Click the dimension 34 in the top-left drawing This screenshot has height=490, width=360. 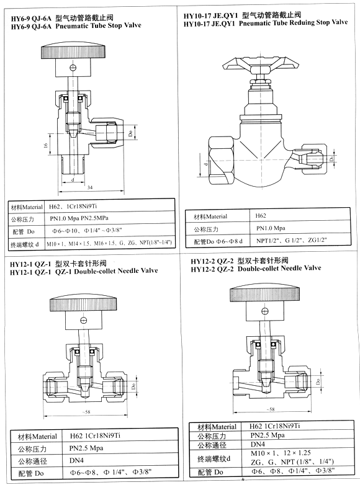[91, 188]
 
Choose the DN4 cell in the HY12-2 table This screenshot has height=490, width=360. [258, 445]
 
